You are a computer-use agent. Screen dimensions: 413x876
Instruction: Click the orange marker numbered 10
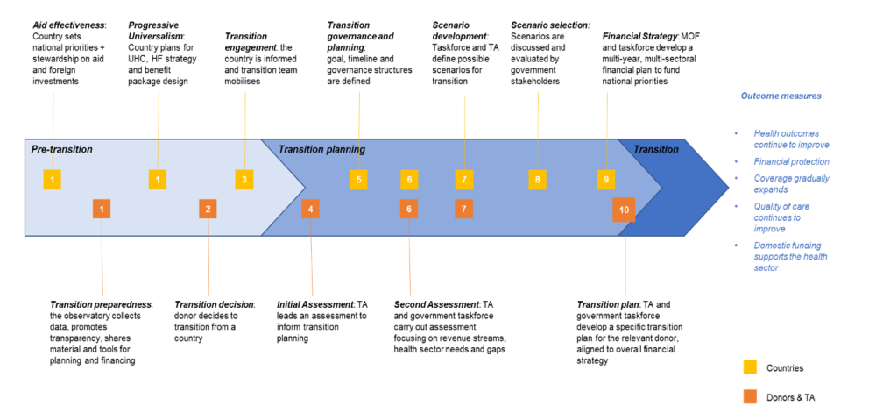tap(624, 210)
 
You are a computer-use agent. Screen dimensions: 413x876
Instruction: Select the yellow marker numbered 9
tap(605, 180)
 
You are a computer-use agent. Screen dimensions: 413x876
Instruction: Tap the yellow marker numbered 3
tap(244, 180)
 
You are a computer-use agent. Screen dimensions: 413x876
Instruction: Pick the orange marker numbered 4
tap(310, 209)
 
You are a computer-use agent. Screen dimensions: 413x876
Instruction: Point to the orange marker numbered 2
tap(208, 209)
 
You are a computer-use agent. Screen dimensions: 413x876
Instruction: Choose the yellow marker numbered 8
tap(537, 180)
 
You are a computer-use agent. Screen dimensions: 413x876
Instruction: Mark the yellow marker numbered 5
tap(357, 180)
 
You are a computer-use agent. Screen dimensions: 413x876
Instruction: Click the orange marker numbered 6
tap(408, 209)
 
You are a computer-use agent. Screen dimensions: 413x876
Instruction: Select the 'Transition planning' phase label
tap(321, 149)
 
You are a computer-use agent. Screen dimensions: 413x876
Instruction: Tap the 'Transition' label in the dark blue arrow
tap(655, 149)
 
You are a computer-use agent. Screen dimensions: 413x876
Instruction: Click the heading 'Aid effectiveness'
tap(67, 25)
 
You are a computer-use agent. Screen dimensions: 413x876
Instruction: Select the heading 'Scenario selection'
tap(549, 25)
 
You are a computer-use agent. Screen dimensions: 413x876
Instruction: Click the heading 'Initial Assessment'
tap(315, 303)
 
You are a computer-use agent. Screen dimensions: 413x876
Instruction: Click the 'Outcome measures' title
tap(781, 96)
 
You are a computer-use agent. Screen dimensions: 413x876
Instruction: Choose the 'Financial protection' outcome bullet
tap(791, 161)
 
